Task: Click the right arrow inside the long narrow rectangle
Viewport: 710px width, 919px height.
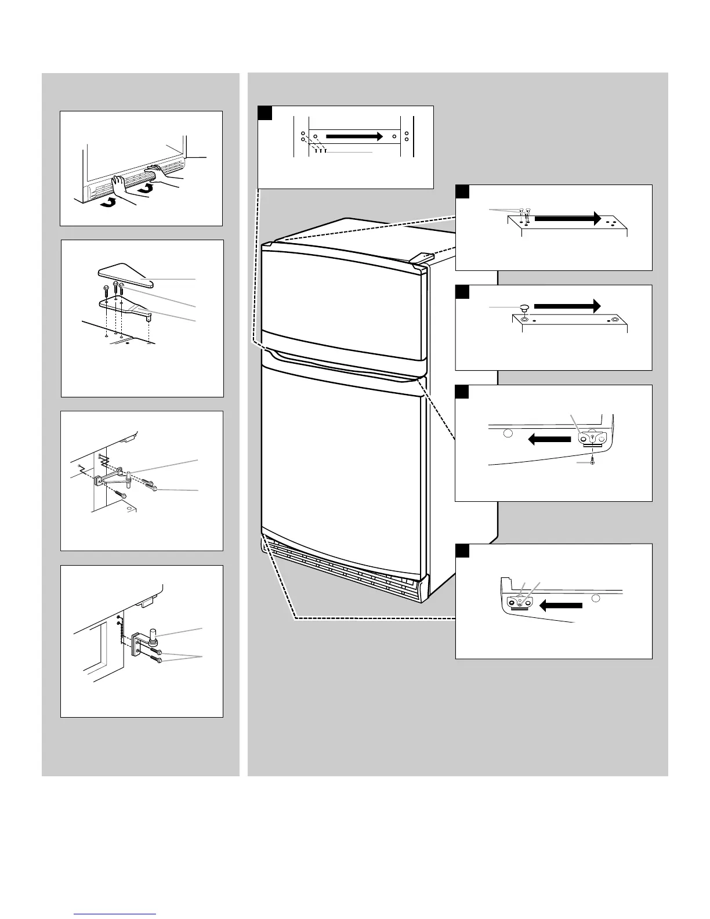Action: (x=354, y=136)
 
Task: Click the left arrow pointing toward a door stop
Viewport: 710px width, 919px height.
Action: (x=560, y=606)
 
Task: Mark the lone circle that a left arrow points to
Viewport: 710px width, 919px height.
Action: (x=508, y=433)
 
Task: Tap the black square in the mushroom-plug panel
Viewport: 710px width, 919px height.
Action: (x=462, y=292)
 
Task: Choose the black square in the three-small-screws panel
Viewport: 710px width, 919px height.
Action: (x=462, y=192)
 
